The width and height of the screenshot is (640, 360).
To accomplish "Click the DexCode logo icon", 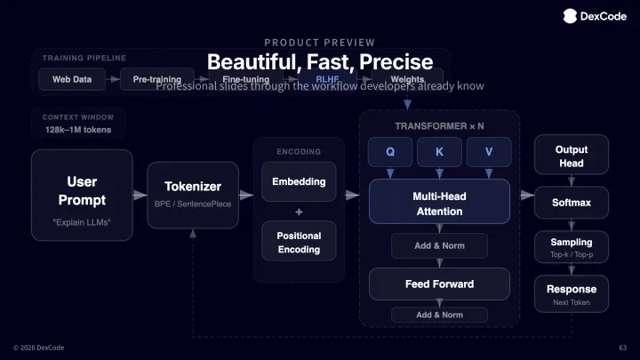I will click(x=570, y=14).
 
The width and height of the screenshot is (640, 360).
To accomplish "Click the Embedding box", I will click(x=299, y=181).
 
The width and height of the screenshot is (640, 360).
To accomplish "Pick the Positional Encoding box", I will click(x=299, y=242).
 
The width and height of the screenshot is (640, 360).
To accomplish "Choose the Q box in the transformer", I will click(x=390, y=151).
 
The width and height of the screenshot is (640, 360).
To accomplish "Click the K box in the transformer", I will click(x=439, y=151).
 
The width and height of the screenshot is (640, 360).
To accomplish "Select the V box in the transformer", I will click(x=488, y=151).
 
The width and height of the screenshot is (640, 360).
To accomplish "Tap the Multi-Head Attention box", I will click(x=439, y=203).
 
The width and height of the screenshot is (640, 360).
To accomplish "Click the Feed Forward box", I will click(x=439, y=284).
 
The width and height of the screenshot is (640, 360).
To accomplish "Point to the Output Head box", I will click(x=571, y=156).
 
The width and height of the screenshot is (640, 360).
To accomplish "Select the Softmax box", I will click(x=571, y=203).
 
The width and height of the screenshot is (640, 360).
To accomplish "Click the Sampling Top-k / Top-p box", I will click(x=571, y=247).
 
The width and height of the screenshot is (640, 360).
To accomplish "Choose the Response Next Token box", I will click(x=571, y=294).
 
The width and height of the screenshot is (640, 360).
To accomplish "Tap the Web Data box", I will click(x=72, y=79).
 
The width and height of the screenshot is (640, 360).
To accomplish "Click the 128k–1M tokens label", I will click(x=78, y=130).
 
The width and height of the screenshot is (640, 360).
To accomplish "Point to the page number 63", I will click(x=622, y=347).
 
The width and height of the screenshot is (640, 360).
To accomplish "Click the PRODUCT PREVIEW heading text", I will click(x=319, y=42).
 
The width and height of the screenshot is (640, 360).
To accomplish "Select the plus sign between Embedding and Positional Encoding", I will click(x=299, y=212).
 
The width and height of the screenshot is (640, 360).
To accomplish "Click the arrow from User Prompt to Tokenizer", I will click(x=140, y=195).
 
